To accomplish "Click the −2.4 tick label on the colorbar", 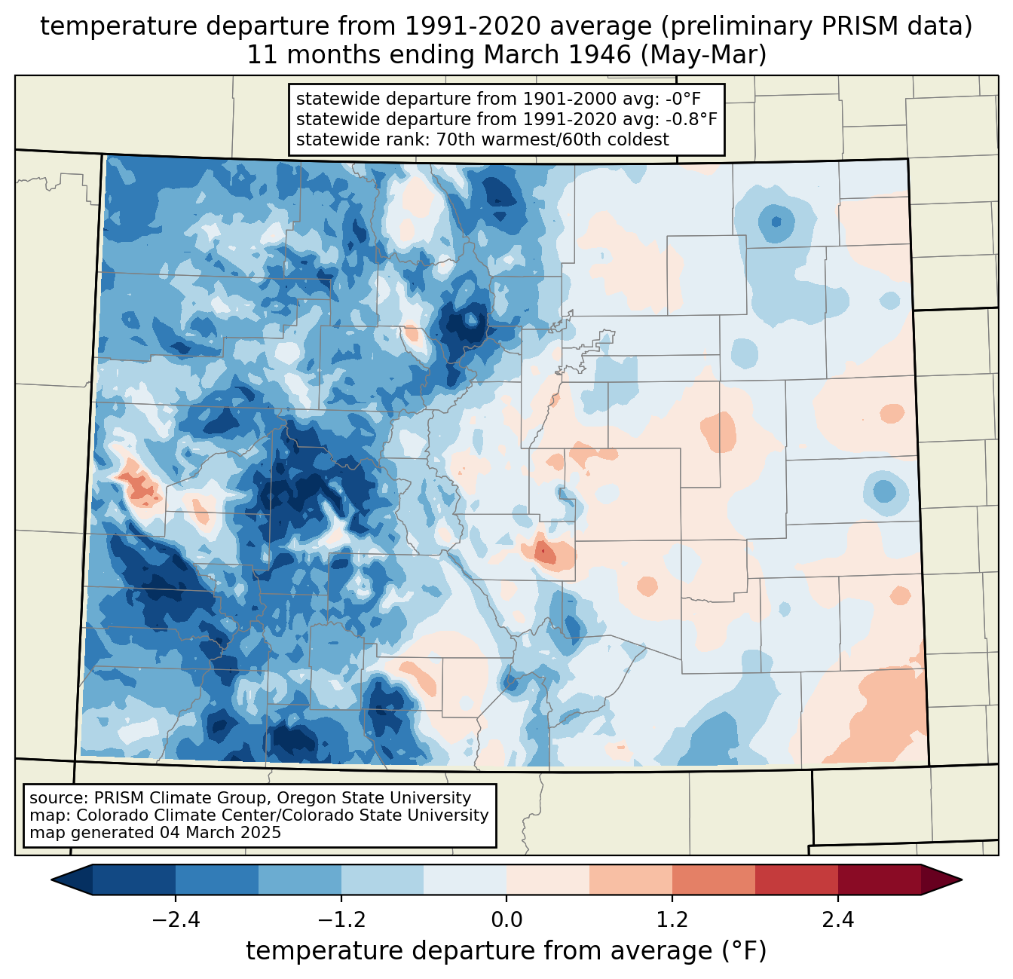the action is point(176,920).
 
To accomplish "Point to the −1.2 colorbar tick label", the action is point(341,920).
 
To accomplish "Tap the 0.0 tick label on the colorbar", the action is point(506,920).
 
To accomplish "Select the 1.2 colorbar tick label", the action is point(672,920).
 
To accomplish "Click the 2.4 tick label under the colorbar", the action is point(838,920).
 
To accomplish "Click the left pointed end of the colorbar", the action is point(52,880).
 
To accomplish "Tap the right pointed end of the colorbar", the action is point(962,880).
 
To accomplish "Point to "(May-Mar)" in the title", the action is point(703,56).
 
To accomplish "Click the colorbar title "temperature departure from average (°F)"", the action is point(506,951).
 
